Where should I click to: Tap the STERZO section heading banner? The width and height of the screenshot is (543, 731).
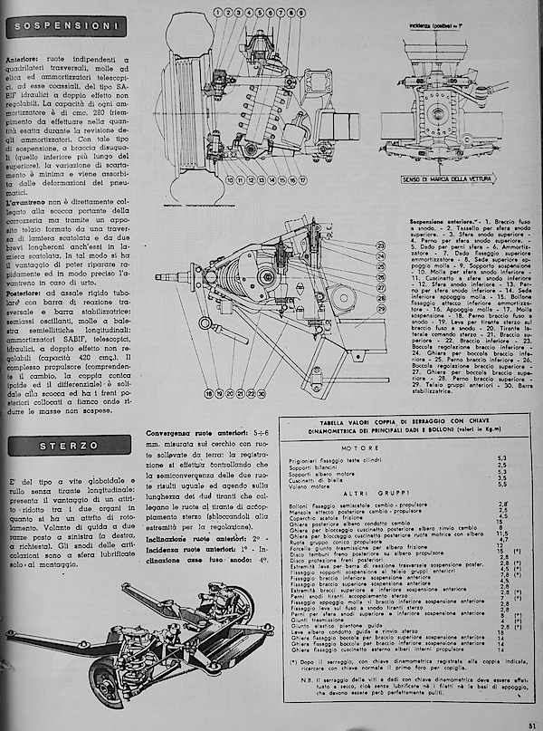click(65, 446)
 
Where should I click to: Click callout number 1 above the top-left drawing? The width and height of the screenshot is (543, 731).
click(221, 13)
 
